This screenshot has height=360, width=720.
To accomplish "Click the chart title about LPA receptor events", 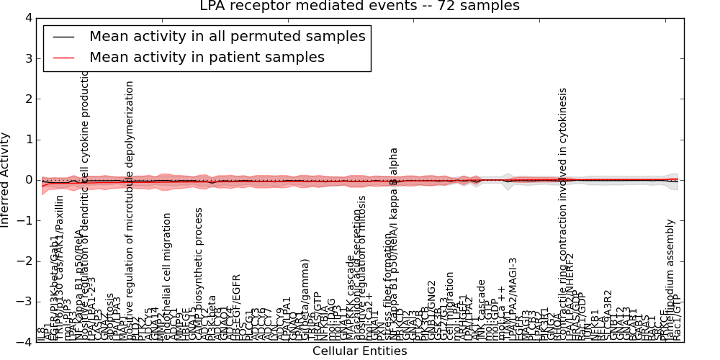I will click(359, 6).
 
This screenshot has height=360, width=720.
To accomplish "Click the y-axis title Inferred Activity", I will click(6, 179).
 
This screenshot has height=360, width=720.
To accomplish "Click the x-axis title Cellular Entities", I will click(359, 351).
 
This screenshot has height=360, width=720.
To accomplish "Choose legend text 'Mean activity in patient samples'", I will click(207, 57).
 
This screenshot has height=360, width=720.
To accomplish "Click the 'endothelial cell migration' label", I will click(168, 273).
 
